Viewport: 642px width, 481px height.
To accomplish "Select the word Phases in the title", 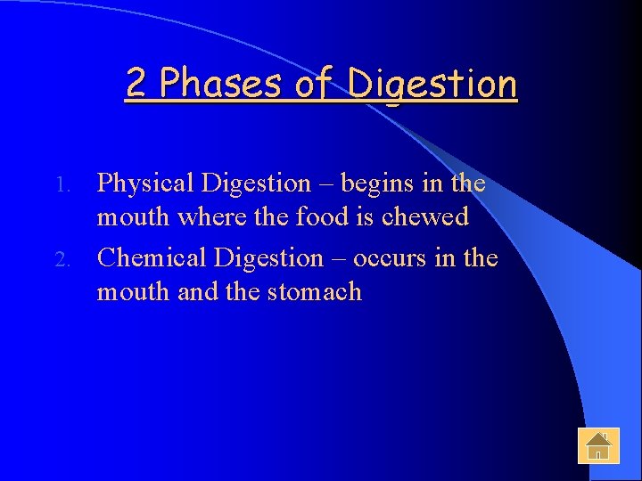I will pos(219,84).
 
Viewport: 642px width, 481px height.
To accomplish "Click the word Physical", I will pos(145,184).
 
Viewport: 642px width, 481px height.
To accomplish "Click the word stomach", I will pos(315,292).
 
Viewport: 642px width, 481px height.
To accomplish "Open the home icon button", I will pos(598,444).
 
